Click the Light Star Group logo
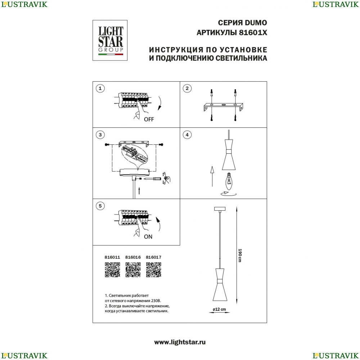point(110,40)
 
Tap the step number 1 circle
point(100,89)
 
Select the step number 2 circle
point(187,89)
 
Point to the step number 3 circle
point(100,135)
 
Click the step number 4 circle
point(187,135)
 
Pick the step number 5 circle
point(100,206)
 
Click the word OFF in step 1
point(149,120)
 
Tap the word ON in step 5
point(148,237)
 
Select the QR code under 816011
point(112,270)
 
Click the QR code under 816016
point(133,270)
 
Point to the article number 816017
point(154,257)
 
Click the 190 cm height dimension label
point(240,256)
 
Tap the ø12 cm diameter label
point(219,309)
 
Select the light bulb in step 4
point(229,181)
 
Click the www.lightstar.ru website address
point(180,342)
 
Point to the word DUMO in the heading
point(256,23)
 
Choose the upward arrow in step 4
point(212,176)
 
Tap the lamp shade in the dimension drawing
point(220,285)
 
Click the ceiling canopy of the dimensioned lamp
point(220,209)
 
